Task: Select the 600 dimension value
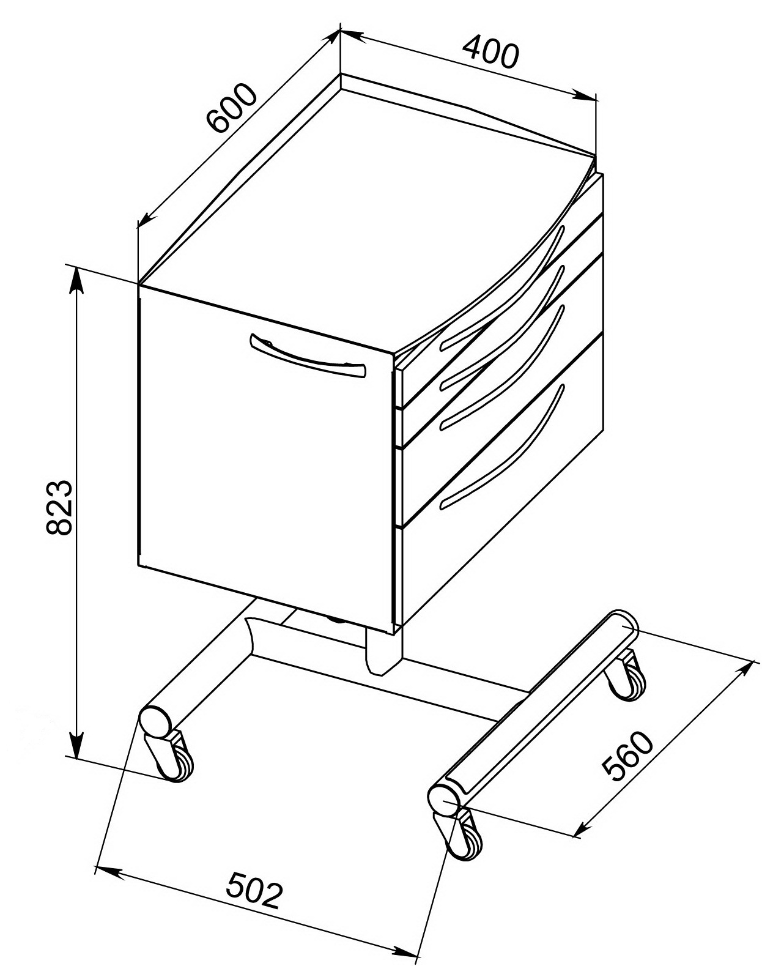tap(232, 108)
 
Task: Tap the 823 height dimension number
tap(59, 507)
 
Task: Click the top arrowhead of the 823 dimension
tap(77, 283)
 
